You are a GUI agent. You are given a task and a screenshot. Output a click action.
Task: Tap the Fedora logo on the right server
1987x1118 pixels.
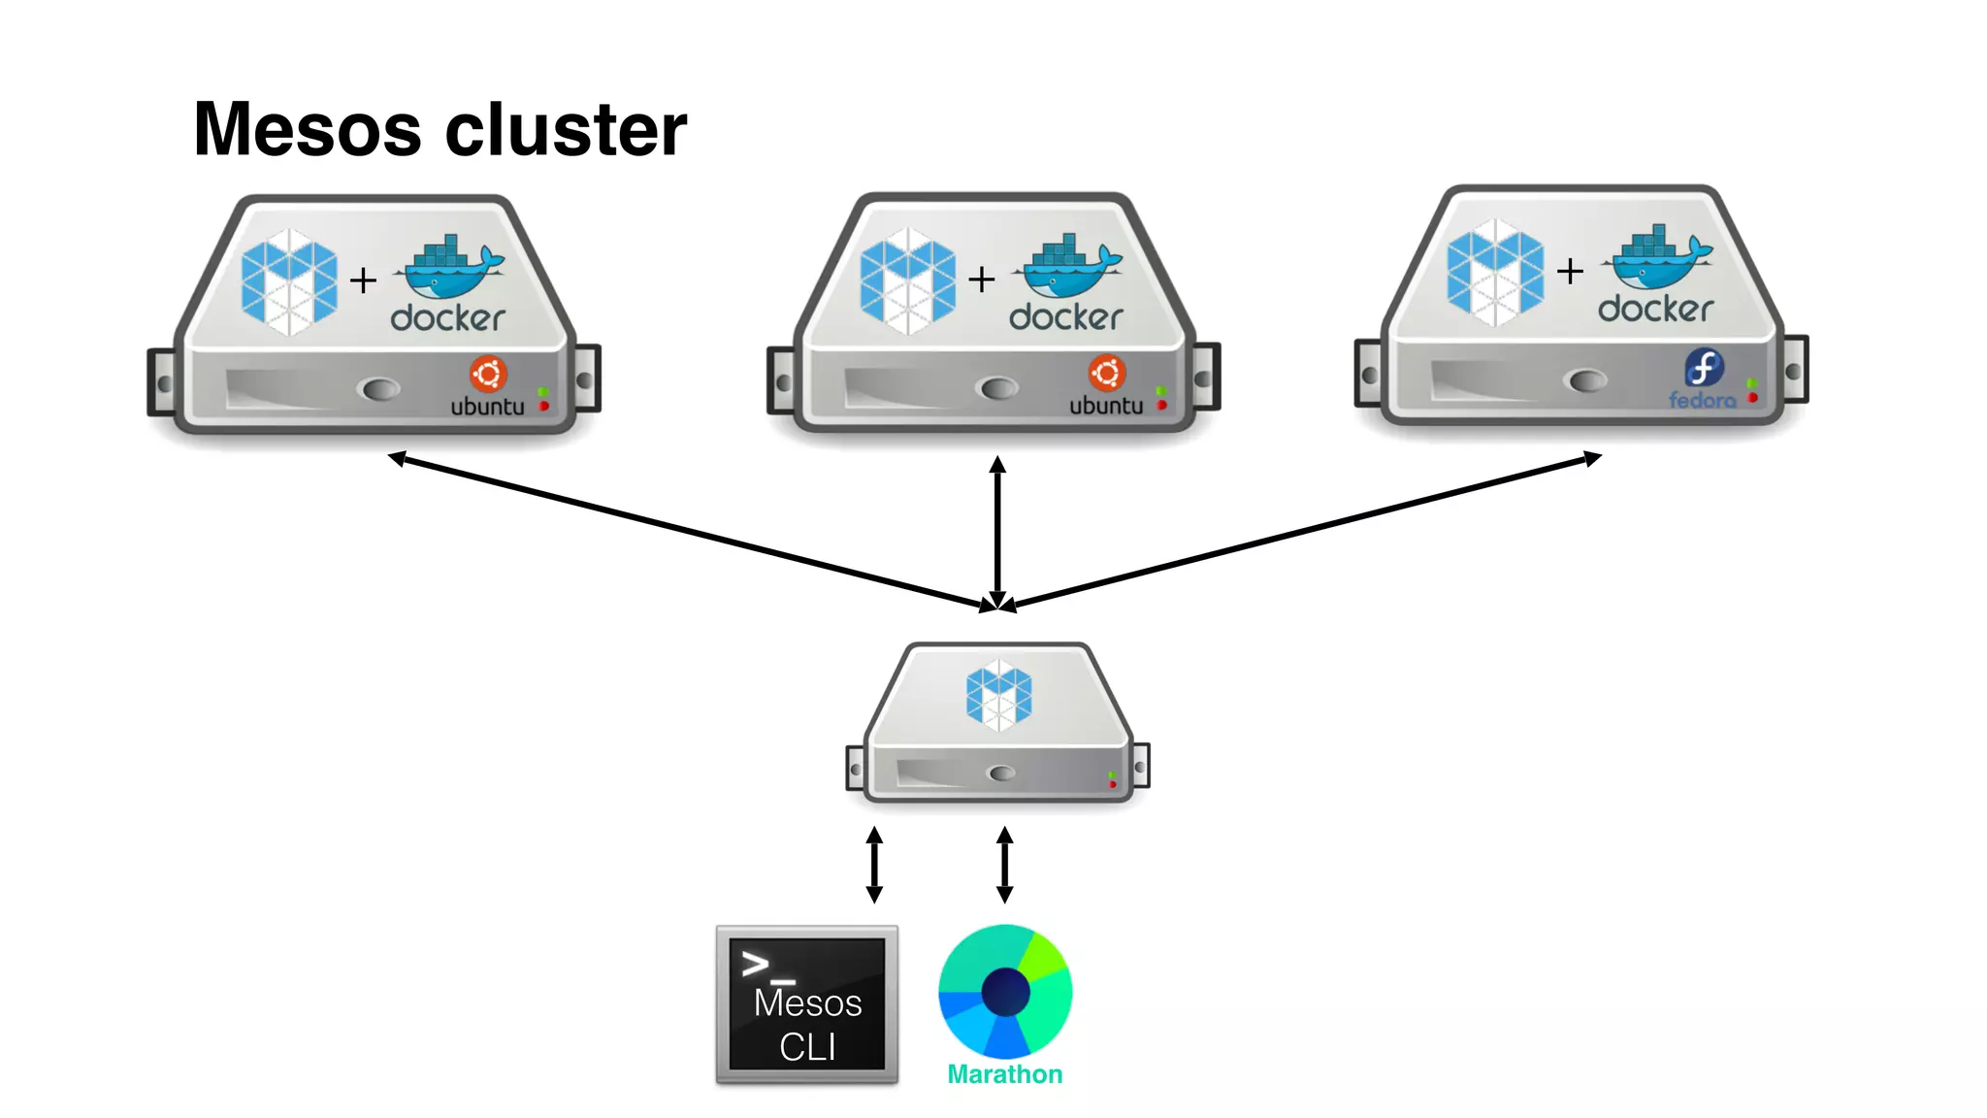[1704, 369]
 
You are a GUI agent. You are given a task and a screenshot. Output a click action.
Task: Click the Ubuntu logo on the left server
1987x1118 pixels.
[488, 375]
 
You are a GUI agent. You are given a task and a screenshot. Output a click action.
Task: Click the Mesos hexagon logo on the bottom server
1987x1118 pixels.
[998, 696]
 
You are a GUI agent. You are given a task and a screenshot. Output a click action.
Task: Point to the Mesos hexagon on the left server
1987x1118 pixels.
[289, 282]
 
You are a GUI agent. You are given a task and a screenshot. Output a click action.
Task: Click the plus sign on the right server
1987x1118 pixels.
[1570, 272]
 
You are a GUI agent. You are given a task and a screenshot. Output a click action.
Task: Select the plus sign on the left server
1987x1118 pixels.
[363, 280]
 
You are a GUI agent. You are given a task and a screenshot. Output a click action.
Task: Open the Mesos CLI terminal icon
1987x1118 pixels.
[807, 1004]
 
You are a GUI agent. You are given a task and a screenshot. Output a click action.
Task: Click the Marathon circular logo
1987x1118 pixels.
[1005, 991]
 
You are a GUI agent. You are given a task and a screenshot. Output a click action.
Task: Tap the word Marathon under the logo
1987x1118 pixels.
[1005, 1074]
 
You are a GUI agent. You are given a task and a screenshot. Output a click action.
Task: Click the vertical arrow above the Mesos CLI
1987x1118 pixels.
[874, 864]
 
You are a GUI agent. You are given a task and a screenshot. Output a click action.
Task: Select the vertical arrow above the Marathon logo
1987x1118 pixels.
[1005, 864]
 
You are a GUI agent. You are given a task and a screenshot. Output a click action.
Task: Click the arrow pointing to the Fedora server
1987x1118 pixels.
[1300, 532]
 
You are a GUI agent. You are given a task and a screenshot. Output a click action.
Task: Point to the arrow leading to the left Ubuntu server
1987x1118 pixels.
[689, 532]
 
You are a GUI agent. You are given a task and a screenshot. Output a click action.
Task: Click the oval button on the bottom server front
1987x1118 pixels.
[1000, 773]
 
